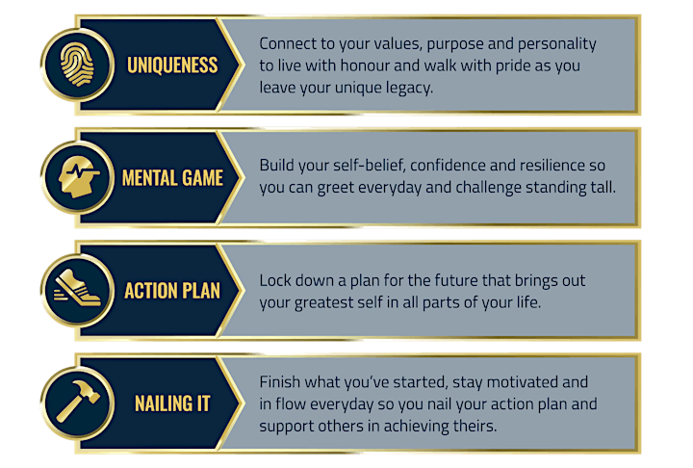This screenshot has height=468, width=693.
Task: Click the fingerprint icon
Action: coord(77,65)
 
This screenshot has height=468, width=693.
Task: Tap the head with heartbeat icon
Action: coord(79,176)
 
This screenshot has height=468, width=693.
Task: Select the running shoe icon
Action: coord(78,288)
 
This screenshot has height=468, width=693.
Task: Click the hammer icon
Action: coord(78,402)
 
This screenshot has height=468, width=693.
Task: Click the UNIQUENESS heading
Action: coord(172,65)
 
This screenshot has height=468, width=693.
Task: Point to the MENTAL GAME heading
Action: coord(172,178)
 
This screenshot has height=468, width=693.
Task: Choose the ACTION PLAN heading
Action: coord(172,291)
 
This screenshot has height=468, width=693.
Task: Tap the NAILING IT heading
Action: coord(172,403)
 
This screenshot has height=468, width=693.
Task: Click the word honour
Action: coord(365,65)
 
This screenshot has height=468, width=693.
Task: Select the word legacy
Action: coord(409,88)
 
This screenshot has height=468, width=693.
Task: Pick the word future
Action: coord(456,280)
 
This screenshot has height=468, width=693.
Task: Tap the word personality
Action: coord(557,44)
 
